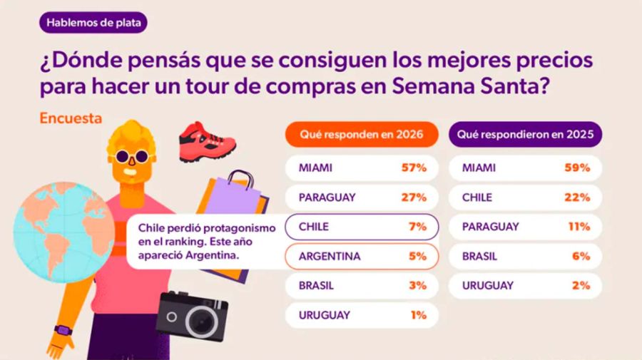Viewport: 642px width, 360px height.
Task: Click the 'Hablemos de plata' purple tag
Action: pyautogui.click(x=92, y=22)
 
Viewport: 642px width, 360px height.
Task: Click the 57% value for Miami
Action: pyautogui.click(x=414, y=168)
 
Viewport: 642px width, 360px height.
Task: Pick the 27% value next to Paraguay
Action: pyautogui.click(x=414, y=197)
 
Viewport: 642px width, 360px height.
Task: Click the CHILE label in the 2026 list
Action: pyautogui.click(x=315, y=227)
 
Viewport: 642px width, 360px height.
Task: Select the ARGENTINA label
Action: pyautogui.click(x=330, y=256)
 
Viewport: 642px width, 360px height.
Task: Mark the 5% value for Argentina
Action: pyautogui.click(x=417, y=256)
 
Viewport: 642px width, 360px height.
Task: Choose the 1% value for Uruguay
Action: pyautogui.click(x=418, y=314)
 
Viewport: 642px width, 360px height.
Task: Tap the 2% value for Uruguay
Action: pyautogui.click(x=581, y=285)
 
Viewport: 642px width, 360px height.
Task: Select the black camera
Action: pyautogui.click(x=192, y=314)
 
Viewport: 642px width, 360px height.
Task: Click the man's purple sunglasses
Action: pyautogui.click(x=131, y=157)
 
